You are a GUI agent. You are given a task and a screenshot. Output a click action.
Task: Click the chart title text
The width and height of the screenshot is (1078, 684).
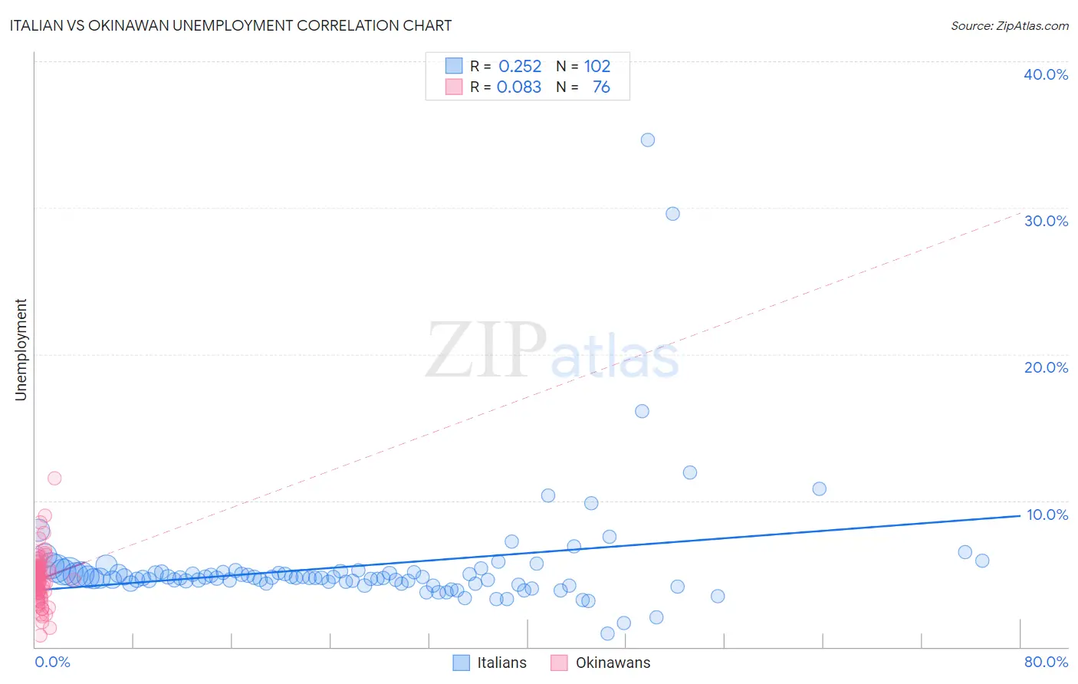pyautogui.click(x=231, y=25)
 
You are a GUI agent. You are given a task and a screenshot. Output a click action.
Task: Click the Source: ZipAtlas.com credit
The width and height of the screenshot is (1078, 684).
pyautogui.click(x=1009, y=25)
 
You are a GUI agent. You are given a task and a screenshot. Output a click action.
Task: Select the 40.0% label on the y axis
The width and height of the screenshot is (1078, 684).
pyautogui.click(x=1046, y=74)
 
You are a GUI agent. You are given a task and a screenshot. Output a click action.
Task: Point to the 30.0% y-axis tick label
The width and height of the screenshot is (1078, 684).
pyautogui.click(x=1046, y=221)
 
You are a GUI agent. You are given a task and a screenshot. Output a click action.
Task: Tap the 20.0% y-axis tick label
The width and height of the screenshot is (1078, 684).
pyautogui.click(x=1046, y=367)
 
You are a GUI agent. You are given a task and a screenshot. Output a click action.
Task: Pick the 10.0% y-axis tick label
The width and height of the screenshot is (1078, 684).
pyautogui.click(x=1047, y=515)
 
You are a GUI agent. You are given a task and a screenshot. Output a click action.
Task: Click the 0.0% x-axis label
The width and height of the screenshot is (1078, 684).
pyautogui.click(x=52, y=662)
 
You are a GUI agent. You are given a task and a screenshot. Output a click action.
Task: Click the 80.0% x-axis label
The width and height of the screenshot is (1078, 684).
pyautogui.click(x=1046, y=662)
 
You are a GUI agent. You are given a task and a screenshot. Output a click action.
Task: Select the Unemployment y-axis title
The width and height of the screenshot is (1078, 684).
pyautogui.click(x=21, y=350)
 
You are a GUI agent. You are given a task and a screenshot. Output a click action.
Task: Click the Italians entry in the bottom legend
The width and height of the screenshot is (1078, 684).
pyautogui.click(x=501, y=663)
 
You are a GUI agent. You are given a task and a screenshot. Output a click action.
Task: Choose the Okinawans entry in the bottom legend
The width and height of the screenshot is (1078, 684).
pyautogui.click(x=613, y=663)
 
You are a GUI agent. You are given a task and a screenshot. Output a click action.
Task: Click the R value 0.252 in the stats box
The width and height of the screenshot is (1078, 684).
pyautogui.click(x=520, y=67)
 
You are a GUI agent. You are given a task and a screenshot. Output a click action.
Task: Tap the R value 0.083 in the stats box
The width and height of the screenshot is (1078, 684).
pyautogui.click(x=519, y=87)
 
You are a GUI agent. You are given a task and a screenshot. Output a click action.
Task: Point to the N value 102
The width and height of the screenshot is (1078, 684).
pyautogui.click(x=597, y=67)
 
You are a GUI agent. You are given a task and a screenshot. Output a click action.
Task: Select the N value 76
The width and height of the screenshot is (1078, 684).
pyautogui.click(x=601, y=87)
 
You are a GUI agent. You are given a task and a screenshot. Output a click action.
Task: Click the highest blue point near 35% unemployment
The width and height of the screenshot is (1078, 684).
pyautogui.click(x=648, y=140)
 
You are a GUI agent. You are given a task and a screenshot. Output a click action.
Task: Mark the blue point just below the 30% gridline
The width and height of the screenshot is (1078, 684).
pyautogui.click(x=672, y=214)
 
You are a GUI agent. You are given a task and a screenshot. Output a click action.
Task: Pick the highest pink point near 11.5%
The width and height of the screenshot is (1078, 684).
pyautogui.click(x=54, y=478)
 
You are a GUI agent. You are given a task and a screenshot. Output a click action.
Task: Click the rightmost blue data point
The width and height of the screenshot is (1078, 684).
pyautogui.click(x=982, y=561)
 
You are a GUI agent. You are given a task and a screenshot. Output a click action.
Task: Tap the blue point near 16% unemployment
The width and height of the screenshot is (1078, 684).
pyautogui.click(x=643, y=411)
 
